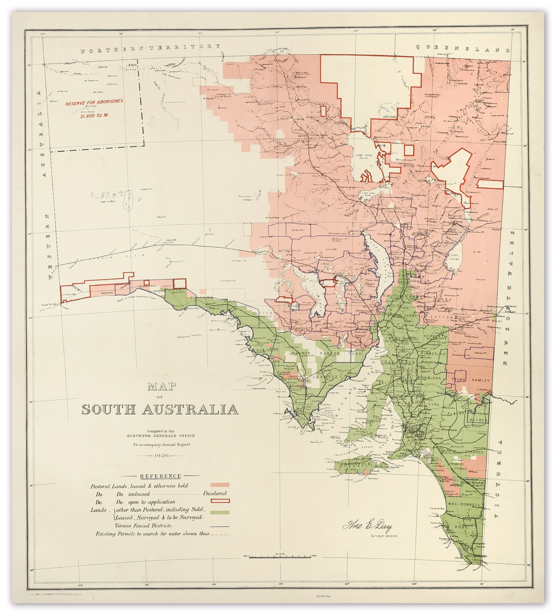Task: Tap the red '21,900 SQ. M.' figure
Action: tap(94, 116)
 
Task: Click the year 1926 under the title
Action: tap(161, 456)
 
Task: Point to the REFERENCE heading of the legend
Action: tap(160, 476)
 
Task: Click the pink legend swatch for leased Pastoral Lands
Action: tap(220, 485)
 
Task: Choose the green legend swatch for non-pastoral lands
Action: tap(220, 512)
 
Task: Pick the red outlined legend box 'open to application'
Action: tap(220, 501)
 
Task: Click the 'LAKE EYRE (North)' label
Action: tap(364, 156)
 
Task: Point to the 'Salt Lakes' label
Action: tap(107, 201)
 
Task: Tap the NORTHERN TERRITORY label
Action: tap(150, 49)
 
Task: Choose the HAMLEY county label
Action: tap(480, 380)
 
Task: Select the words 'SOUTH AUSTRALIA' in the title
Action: tap(160, 409)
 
